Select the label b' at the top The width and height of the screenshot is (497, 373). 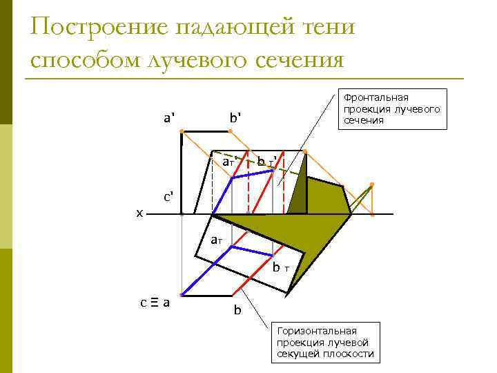point(236,117)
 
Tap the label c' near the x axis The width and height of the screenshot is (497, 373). point(168,196)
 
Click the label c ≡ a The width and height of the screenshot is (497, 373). point(158,302)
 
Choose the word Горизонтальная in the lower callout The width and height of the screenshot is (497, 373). point(316,332)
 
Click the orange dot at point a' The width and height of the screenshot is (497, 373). point(181,131)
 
